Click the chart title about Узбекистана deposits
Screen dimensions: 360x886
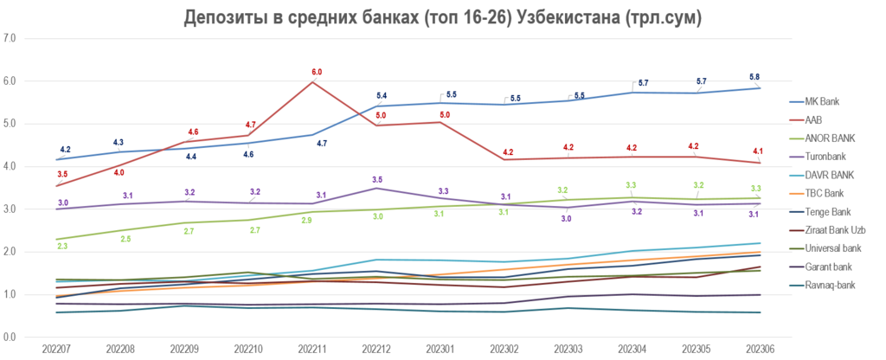click(x=442, y=17)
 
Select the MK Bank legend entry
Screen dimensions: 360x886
click(x=823, y=101)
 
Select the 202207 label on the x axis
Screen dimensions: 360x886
click(x=57, y=349)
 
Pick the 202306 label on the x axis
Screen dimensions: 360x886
click(x=759, y=349)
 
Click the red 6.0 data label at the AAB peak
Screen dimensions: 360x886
click(x=317, y=72)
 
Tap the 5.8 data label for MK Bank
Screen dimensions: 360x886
click(x=754, y=77)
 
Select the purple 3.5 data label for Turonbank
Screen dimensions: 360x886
click(x=377, y=179)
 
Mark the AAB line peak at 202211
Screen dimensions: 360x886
click(x=313, y=82)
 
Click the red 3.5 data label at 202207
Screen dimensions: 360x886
click(x=62, y=175)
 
